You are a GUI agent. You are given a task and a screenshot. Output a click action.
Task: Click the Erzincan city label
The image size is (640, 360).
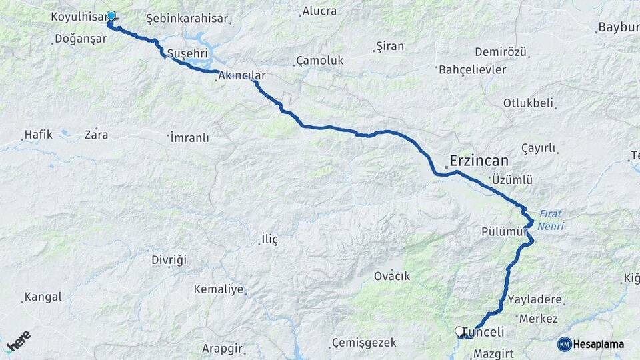click(479, 161)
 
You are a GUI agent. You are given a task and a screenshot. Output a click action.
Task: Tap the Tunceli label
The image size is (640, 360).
click(483, 331)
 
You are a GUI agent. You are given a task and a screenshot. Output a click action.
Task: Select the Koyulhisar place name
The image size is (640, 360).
click(79, 16)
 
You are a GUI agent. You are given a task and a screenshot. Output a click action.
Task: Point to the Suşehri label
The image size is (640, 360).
click(188, 53)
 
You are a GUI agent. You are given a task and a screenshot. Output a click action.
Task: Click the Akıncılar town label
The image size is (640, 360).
click(241, 76)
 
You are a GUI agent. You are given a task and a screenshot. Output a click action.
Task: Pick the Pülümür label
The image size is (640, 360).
click(504, 231)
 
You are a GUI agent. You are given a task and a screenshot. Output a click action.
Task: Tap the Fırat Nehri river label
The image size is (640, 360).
click(551, 221)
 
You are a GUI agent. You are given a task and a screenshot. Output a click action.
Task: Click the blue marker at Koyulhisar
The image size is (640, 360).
click(111, 16)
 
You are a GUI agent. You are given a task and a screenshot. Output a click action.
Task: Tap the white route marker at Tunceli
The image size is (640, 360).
click(459, 331)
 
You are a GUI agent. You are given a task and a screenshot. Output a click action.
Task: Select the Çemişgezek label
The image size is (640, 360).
click(364, 343)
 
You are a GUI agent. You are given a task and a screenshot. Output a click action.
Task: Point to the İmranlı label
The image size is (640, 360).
click(189, 138)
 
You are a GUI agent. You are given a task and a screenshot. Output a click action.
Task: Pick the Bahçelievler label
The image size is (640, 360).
click(472, 69)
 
